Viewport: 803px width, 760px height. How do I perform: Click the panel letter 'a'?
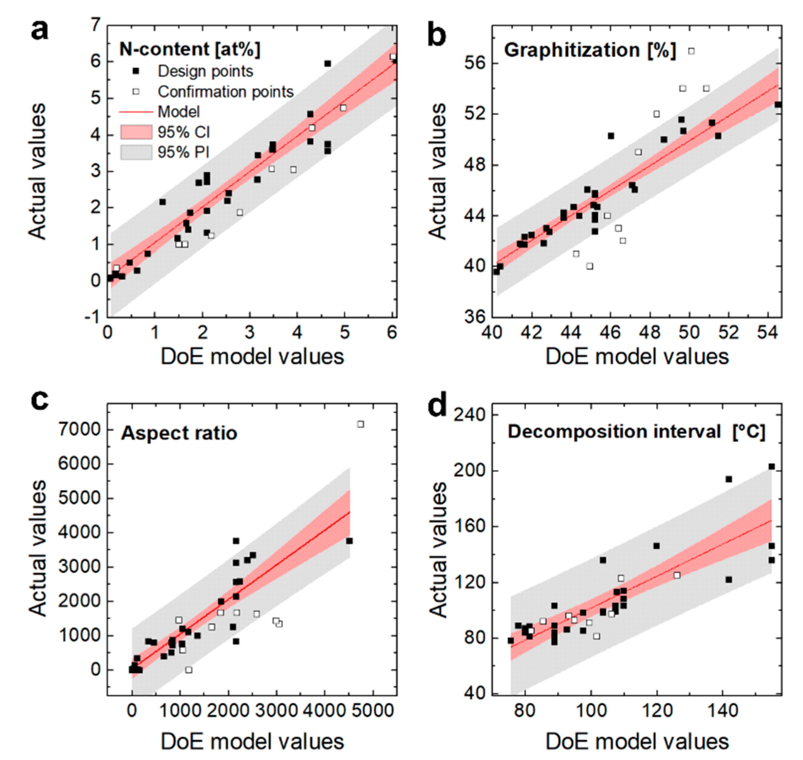coord(39,31)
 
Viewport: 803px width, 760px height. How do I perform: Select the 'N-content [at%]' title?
coord(190,50)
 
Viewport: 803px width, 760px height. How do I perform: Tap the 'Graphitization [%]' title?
coord(590,50)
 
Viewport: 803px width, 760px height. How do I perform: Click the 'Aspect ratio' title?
coord(179,433)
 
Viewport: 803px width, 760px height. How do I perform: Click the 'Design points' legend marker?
coord(136,71)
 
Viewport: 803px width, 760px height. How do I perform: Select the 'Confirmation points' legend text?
coord(225,92)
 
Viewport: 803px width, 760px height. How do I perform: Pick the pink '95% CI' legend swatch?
coord(136,132)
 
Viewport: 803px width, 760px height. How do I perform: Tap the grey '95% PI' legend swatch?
coord(136,152)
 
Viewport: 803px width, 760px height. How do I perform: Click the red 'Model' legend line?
coord(136,112)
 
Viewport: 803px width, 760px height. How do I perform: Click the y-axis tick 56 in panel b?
coord(476,64)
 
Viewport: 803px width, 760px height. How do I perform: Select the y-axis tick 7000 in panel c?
coord(79,429)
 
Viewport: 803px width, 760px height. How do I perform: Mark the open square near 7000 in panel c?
coord(360,424)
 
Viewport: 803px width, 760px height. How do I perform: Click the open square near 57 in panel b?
coord(691,51)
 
